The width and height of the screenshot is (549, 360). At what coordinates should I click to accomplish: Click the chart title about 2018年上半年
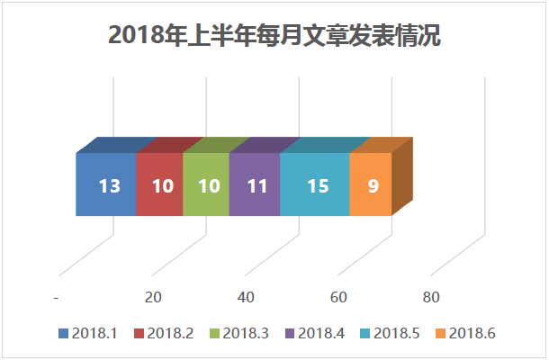[x=274, y=36]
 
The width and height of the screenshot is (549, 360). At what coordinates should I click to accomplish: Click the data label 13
[x=110, y=186]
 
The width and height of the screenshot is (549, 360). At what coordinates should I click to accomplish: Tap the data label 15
[x=318, y=186]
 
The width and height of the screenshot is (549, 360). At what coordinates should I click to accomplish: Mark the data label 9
[x=373, y=186]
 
